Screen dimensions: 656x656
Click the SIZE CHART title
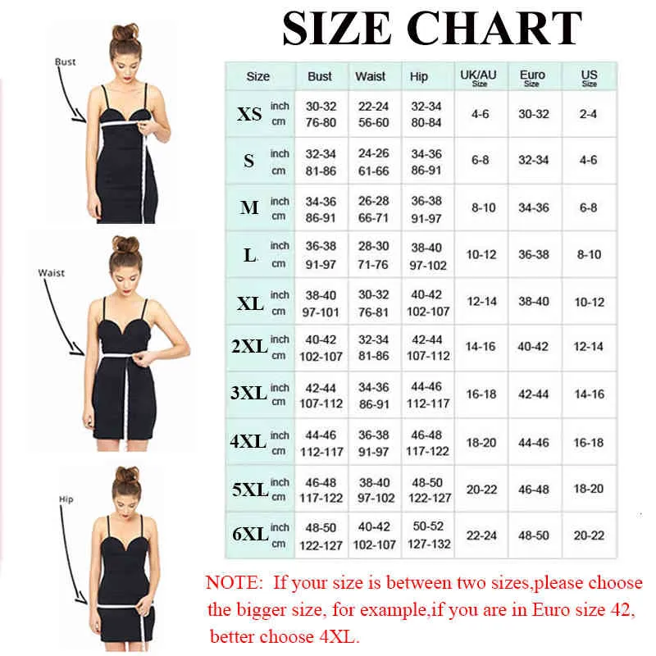pos(432,30)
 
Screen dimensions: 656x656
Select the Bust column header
pos(320,76)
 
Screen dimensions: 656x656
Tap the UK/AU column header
pos(480,77)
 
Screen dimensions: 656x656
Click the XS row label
pos(249,114)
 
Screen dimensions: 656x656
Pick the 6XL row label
pos(249,535)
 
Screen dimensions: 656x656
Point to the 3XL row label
pos(249,394)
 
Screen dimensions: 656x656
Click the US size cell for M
pos(589,207)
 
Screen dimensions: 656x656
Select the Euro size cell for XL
pos(533,302)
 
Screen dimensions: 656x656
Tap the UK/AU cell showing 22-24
pos(481,535)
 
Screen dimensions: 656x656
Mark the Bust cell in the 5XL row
pos(321,489)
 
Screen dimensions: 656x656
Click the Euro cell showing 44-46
pos(533,442)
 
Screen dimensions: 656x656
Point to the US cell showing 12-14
pos(589,347)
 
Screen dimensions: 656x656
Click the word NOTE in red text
pos(234,584)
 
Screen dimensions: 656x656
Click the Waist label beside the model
pos(51,272)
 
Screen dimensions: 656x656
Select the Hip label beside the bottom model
pos(66,499)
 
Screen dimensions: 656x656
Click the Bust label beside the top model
pos(65,61)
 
